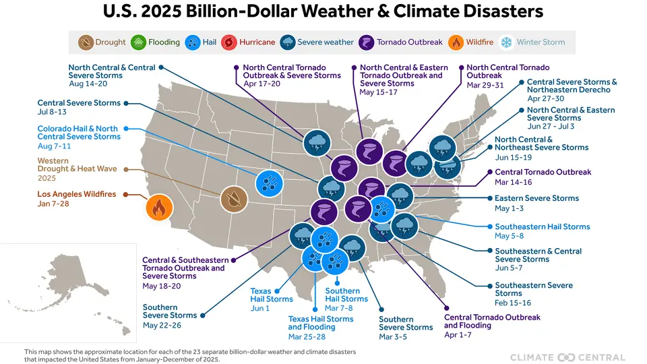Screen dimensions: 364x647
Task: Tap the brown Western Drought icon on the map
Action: (x=233, y=199)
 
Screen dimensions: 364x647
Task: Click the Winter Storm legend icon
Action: (x=507, y=42)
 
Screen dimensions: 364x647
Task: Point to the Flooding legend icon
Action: (x=138, y=42)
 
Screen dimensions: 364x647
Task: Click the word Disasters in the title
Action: (x=491, y=11)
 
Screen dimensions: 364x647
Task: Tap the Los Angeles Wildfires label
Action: (x=76, y=194)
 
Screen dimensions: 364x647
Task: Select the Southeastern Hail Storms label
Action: (x=542, y=226)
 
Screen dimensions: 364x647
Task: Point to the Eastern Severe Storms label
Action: (x=536, y=198)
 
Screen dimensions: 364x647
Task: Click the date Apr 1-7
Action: (x=458, y=335)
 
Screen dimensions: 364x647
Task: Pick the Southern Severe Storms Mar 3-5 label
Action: (x=405, y=324)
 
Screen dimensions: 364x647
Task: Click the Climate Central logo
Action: (x=567, y=357)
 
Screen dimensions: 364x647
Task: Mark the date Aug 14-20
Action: (x=87, y=84)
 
